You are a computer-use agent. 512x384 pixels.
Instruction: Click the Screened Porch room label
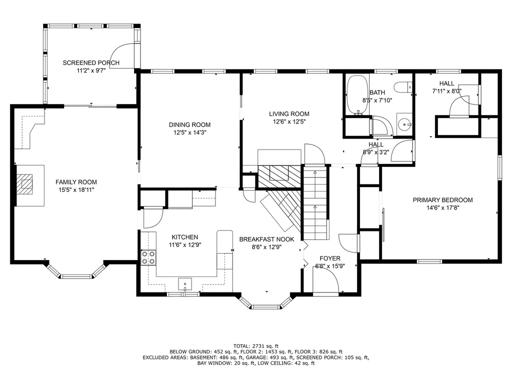91,62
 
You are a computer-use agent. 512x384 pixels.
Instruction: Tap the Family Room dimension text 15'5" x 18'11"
76,190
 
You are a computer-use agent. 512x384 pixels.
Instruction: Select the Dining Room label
189,124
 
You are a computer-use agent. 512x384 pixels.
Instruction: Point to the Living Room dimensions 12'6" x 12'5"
289,122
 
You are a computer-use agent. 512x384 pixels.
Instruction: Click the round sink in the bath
405,124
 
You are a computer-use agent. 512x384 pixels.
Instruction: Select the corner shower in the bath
382,125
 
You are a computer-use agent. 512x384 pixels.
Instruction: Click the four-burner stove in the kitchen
148,257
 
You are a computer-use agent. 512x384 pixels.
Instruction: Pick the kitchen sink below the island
185,284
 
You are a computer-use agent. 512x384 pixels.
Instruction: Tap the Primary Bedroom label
443,200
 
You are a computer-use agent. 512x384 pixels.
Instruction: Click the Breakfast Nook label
266,239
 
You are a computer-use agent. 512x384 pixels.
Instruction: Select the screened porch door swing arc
122,56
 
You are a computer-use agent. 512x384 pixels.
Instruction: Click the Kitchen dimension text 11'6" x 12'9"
185,245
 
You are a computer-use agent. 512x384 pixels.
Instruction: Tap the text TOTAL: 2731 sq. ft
256,346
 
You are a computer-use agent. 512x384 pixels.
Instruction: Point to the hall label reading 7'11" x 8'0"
446,91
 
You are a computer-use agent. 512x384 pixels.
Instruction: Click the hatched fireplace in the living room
279,176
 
